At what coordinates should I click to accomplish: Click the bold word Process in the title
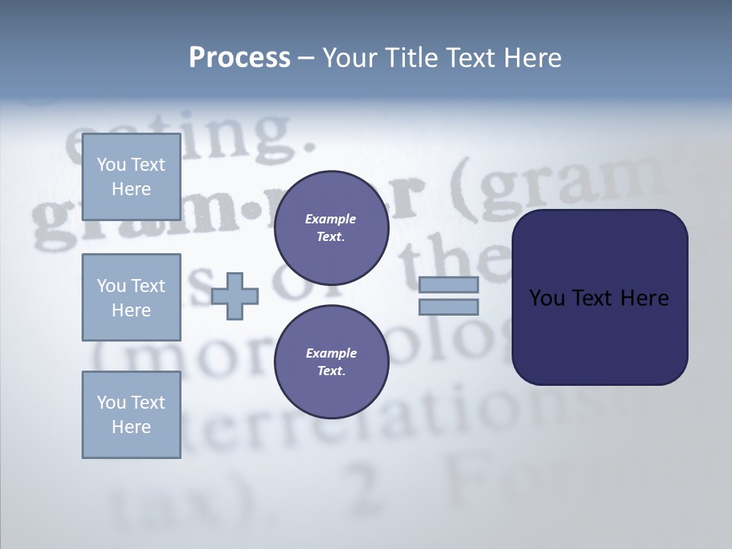tap(239, 57)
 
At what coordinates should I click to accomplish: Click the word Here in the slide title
tap(533, 57)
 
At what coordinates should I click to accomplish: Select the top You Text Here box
tap(131, 177)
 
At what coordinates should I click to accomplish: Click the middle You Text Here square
tap(131, 297)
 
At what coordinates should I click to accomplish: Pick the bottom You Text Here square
tap(131, 415)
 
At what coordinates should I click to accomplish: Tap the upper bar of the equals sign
tap(448, 284)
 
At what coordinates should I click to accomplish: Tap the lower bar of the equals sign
tap(448, 307)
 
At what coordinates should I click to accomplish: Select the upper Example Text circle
tap(331, 228)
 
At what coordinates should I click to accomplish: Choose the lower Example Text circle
tap(331, 362)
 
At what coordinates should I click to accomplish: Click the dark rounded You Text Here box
tap(599, 335)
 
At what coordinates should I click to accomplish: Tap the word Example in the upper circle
tap(331, 219)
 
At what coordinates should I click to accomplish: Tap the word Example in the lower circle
tap(331, 353)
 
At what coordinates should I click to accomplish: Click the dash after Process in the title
tap(306, 59)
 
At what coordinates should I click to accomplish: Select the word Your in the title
tap(347, 57)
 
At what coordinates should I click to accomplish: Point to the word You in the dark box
tap(546, 298)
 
